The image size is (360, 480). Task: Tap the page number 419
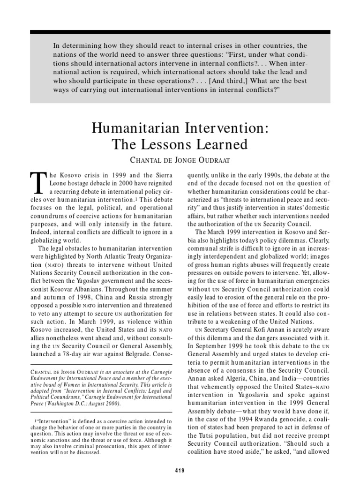pos(180,470)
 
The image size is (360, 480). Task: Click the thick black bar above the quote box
pos(180,32)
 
